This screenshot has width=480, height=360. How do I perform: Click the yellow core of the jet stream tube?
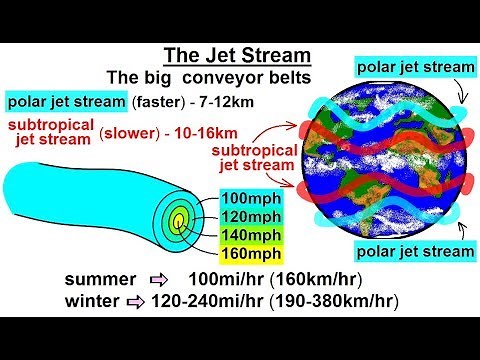pos(178,219)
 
